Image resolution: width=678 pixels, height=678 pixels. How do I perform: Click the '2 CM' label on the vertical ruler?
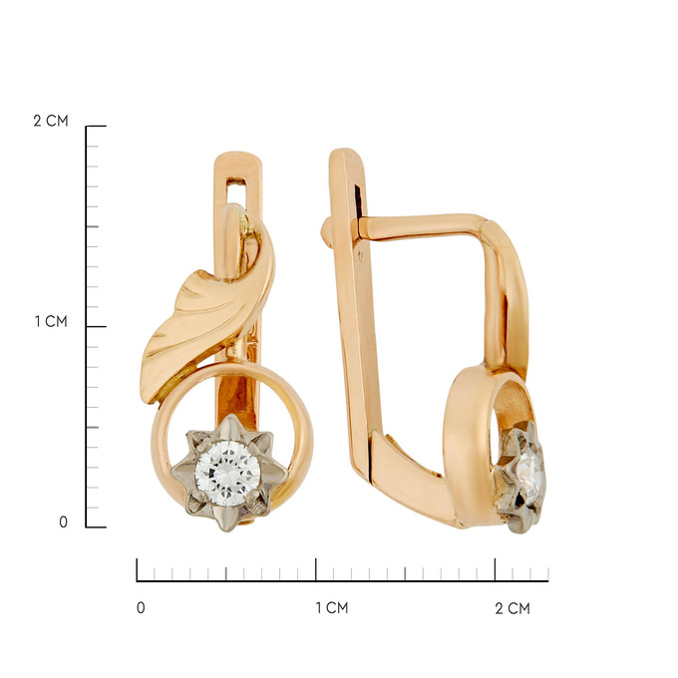[x=51, y=121]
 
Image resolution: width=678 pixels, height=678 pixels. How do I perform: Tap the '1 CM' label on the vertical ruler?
[x=51, y=321]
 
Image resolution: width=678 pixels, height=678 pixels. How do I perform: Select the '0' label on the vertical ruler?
[x=63, y=521]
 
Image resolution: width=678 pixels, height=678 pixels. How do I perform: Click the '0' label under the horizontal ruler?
[x=141, y=607]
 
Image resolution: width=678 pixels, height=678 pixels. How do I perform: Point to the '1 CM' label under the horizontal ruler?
[x=332, y=607]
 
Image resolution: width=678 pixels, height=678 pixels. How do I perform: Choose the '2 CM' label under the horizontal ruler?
[x=512, y=608]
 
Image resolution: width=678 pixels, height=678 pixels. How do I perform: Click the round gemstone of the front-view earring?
[x=227, y=473]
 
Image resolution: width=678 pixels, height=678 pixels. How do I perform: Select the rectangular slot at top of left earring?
[x=236, y=191]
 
